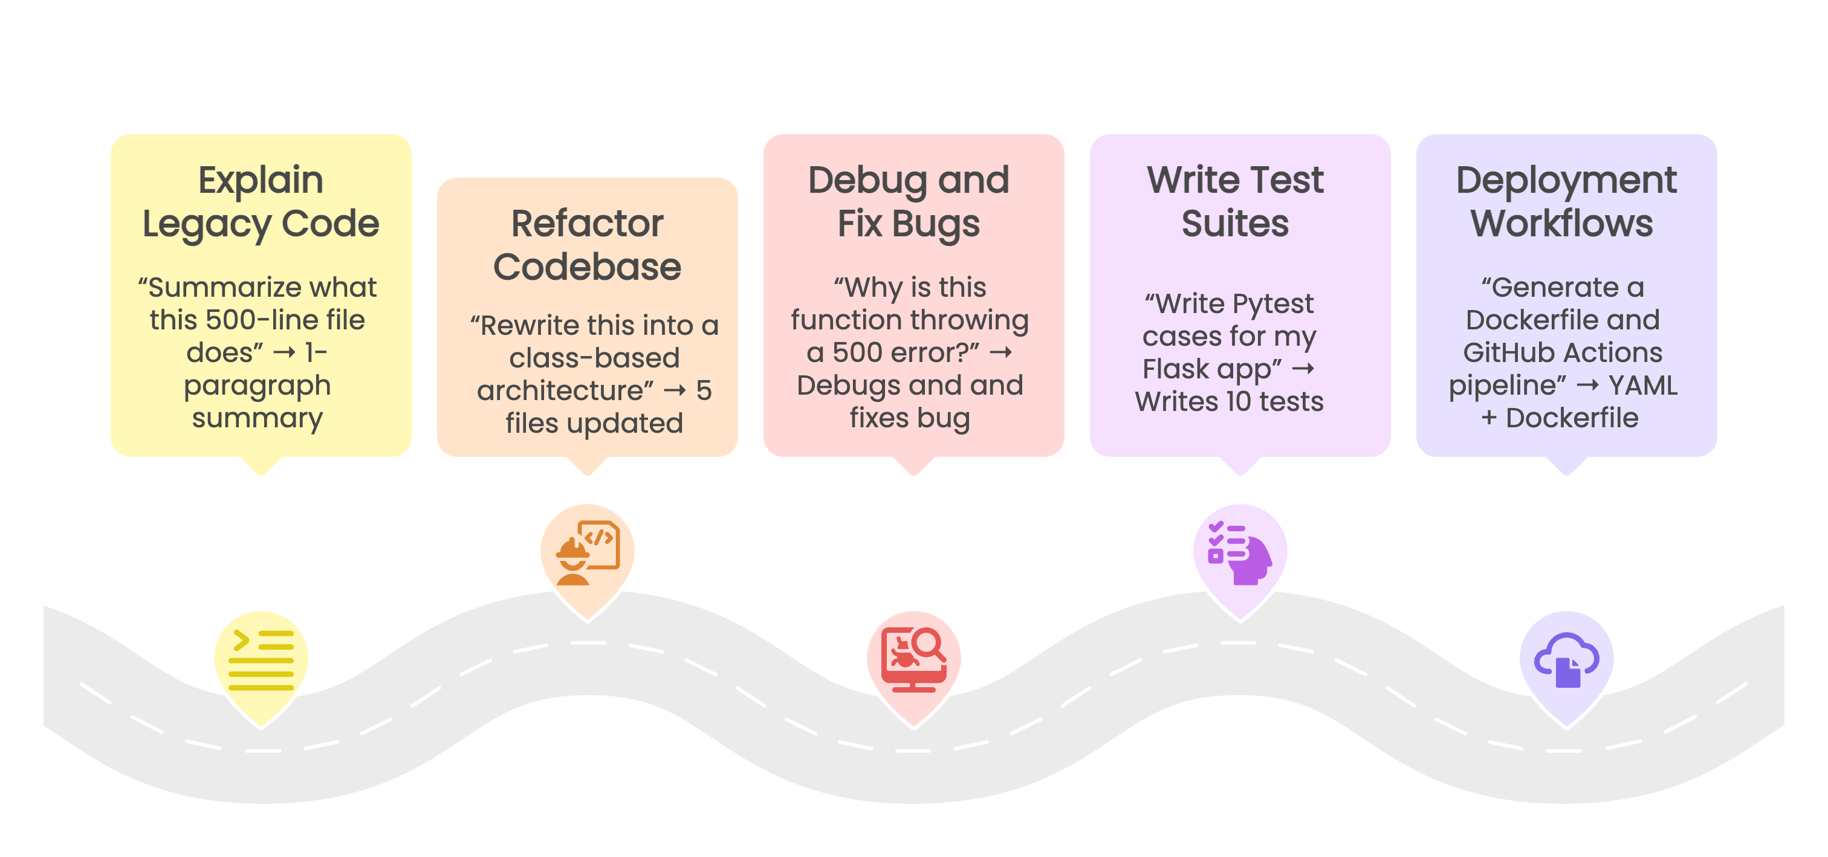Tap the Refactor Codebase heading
[587, 245]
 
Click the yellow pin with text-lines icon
[261, 660]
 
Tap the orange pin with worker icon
[587, 554]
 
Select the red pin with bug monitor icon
[913, 660]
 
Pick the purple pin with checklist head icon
[1240, 554]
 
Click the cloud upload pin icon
[1566, 660]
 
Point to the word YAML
[1643, 385]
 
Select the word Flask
[1175, 369]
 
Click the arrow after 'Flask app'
[1303, 369]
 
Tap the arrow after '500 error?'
[1000, 352]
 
